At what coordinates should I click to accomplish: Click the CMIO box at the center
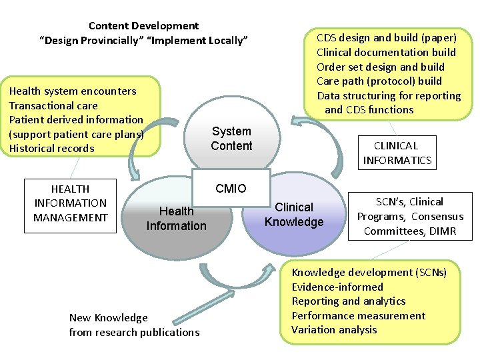231,189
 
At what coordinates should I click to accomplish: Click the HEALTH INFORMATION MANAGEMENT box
70,203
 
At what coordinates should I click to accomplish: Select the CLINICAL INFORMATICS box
397,153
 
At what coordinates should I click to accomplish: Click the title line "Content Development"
143,26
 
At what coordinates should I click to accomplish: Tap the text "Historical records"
51,148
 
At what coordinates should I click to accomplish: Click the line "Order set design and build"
380,67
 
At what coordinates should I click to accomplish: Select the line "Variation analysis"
334,330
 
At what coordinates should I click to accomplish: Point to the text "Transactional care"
53,105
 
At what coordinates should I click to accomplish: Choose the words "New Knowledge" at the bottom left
109,317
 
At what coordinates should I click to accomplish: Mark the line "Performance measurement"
358,315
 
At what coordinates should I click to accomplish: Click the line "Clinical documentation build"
386,52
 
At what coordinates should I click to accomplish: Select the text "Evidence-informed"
337,287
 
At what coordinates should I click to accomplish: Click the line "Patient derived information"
76,119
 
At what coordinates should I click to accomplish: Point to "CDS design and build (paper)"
386,37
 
